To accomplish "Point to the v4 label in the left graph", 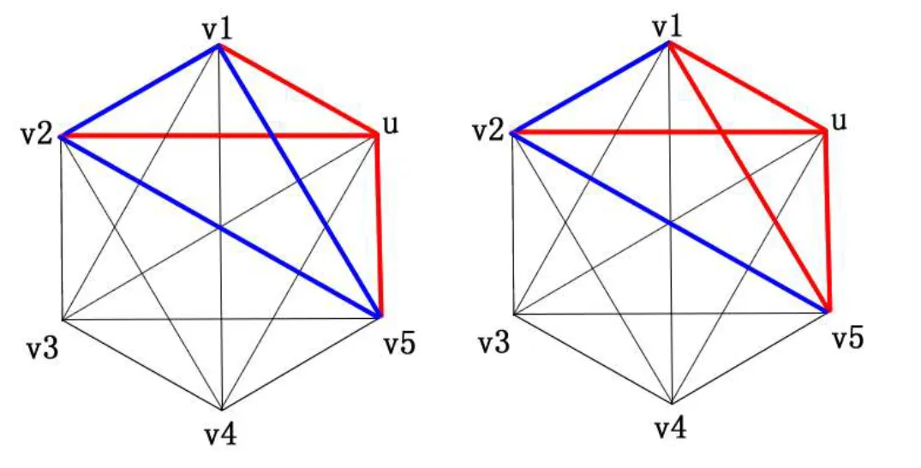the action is pyautogui.click(x=219, y=435).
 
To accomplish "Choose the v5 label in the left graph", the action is pyautogui.click(x=400, y=345).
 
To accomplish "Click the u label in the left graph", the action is pyautogui.click(x=392, y=125).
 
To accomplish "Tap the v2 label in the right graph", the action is pyautogui.click(x=489, y=132).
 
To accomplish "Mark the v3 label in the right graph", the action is pyautogui.click(x=494, y=344).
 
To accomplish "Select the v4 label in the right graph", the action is pyautogui.click(x=672, y=429).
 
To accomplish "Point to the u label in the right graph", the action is pyautogui.click(x=840, y=122).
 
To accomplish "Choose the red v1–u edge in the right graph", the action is pyautogui.click(x=745, y=86).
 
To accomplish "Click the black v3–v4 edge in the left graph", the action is pyautogui.click(x=141, y=364).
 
